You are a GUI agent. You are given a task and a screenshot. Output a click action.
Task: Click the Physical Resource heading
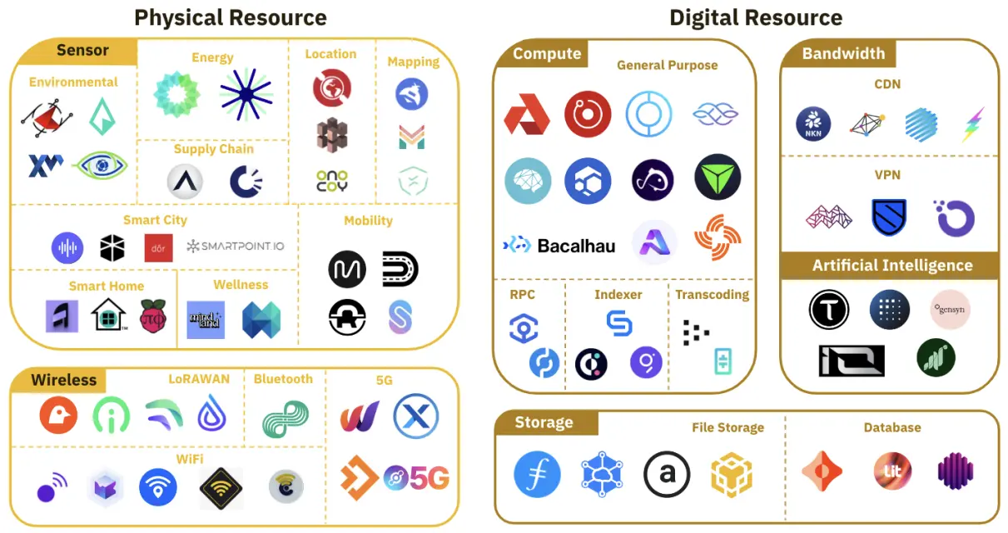coord(231,17)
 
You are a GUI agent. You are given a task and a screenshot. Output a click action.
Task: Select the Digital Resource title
coord(755,17)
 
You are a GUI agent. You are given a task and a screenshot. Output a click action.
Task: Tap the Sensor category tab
coord(82,51)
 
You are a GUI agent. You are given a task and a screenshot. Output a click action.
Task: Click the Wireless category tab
coord(64,380)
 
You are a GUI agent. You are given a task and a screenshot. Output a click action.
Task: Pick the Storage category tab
coord(544,422)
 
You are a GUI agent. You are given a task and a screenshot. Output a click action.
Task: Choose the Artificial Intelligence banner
coord(892,266)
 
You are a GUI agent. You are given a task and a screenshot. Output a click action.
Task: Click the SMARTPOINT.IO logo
coord(236,247)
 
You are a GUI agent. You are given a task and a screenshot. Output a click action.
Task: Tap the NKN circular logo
coord(813,124)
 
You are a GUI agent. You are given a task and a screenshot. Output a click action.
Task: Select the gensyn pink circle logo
coord(950,308)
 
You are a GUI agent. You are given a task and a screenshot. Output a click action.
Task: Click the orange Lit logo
coord(888,471)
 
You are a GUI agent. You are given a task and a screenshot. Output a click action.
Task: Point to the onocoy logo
coord(332,181)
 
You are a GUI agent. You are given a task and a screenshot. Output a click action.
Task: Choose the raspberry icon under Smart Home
coord(153,317)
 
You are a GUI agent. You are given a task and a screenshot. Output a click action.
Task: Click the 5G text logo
coord(418,478)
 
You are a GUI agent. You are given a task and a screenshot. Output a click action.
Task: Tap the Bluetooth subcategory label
coord(283,379)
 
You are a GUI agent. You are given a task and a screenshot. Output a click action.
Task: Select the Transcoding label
coord(712,295)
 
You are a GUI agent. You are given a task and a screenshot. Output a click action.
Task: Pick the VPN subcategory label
coord(887,175)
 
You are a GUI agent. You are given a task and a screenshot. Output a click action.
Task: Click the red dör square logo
coord(158,247)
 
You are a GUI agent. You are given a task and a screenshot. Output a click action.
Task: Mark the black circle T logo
coord(828,310)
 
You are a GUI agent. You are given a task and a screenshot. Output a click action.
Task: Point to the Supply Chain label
coord(213,149)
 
